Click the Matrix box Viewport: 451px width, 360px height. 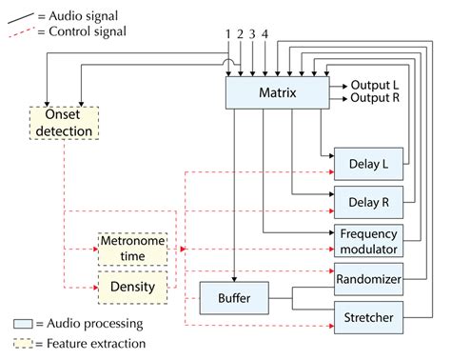click(278, 92)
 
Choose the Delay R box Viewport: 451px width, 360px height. click(364, 202)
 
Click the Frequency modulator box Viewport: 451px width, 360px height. click(366, 241)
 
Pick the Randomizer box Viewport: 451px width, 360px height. click(366, 280)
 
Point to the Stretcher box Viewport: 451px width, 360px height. click(366, 315)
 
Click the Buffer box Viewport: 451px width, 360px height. click(232, 300)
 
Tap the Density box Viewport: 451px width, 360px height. click(132, 286)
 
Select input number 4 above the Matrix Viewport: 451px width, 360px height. click(265, 35)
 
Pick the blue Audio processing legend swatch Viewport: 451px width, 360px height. click(22, 323)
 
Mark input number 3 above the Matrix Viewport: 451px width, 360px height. click(253, 35)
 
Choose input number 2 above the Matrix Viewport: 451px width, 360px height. click(241, 35)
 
